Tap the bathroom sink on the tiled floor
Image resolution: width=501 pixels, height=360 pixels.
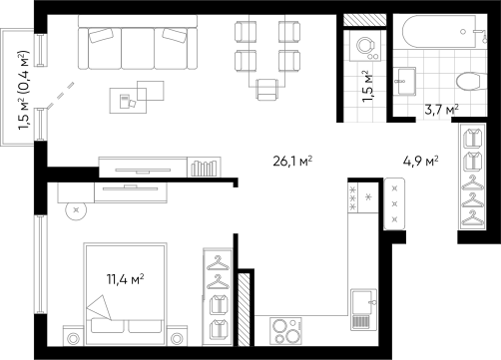pyautogui.click(x=405, y=79)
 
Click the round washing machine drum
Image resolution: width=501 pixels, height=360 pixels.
pyautogui.click(x=364, y=44)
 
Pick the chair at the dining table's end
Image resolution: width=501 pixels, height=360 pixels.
pyautogui.click(x=267, y=91)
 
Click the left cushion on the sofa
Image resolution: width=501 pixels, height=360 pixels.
pyautogui.click(x=101, y=37)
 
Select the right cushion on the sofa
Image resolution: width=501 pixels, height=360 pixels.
pyautogui.click(x=175, y=36)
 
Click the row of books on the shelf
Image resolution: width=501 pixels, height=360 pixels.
pyautogui.click(x=203, y=168)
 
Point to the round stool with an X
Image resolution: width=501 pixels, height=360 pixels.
pyautogui.click(x=75, y=209)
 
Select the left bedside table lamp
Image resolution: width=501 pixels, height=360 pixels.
pyautogui.click(x=73, y=337)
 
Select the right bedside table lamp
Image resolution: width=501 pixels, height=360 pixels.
pyautogui.click(x=179, y=337)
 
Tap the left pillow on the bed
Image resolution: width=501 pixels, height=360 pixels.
pyautogui.click(x=107, y=326)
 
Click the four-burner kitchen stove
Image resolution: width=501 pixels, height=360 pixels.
pyautogui.click(x=286, y=329)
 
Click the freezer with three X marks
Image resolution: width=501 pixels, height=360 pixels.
pyautogui.click(x=394, y=204)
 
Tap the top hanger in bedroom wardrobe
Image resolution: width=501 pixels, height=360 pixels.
pyautogui.click(x=218, y=263)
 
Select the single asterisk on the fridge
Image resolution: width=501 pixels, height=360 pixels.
pyautogui.click(x=368, y=196)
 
